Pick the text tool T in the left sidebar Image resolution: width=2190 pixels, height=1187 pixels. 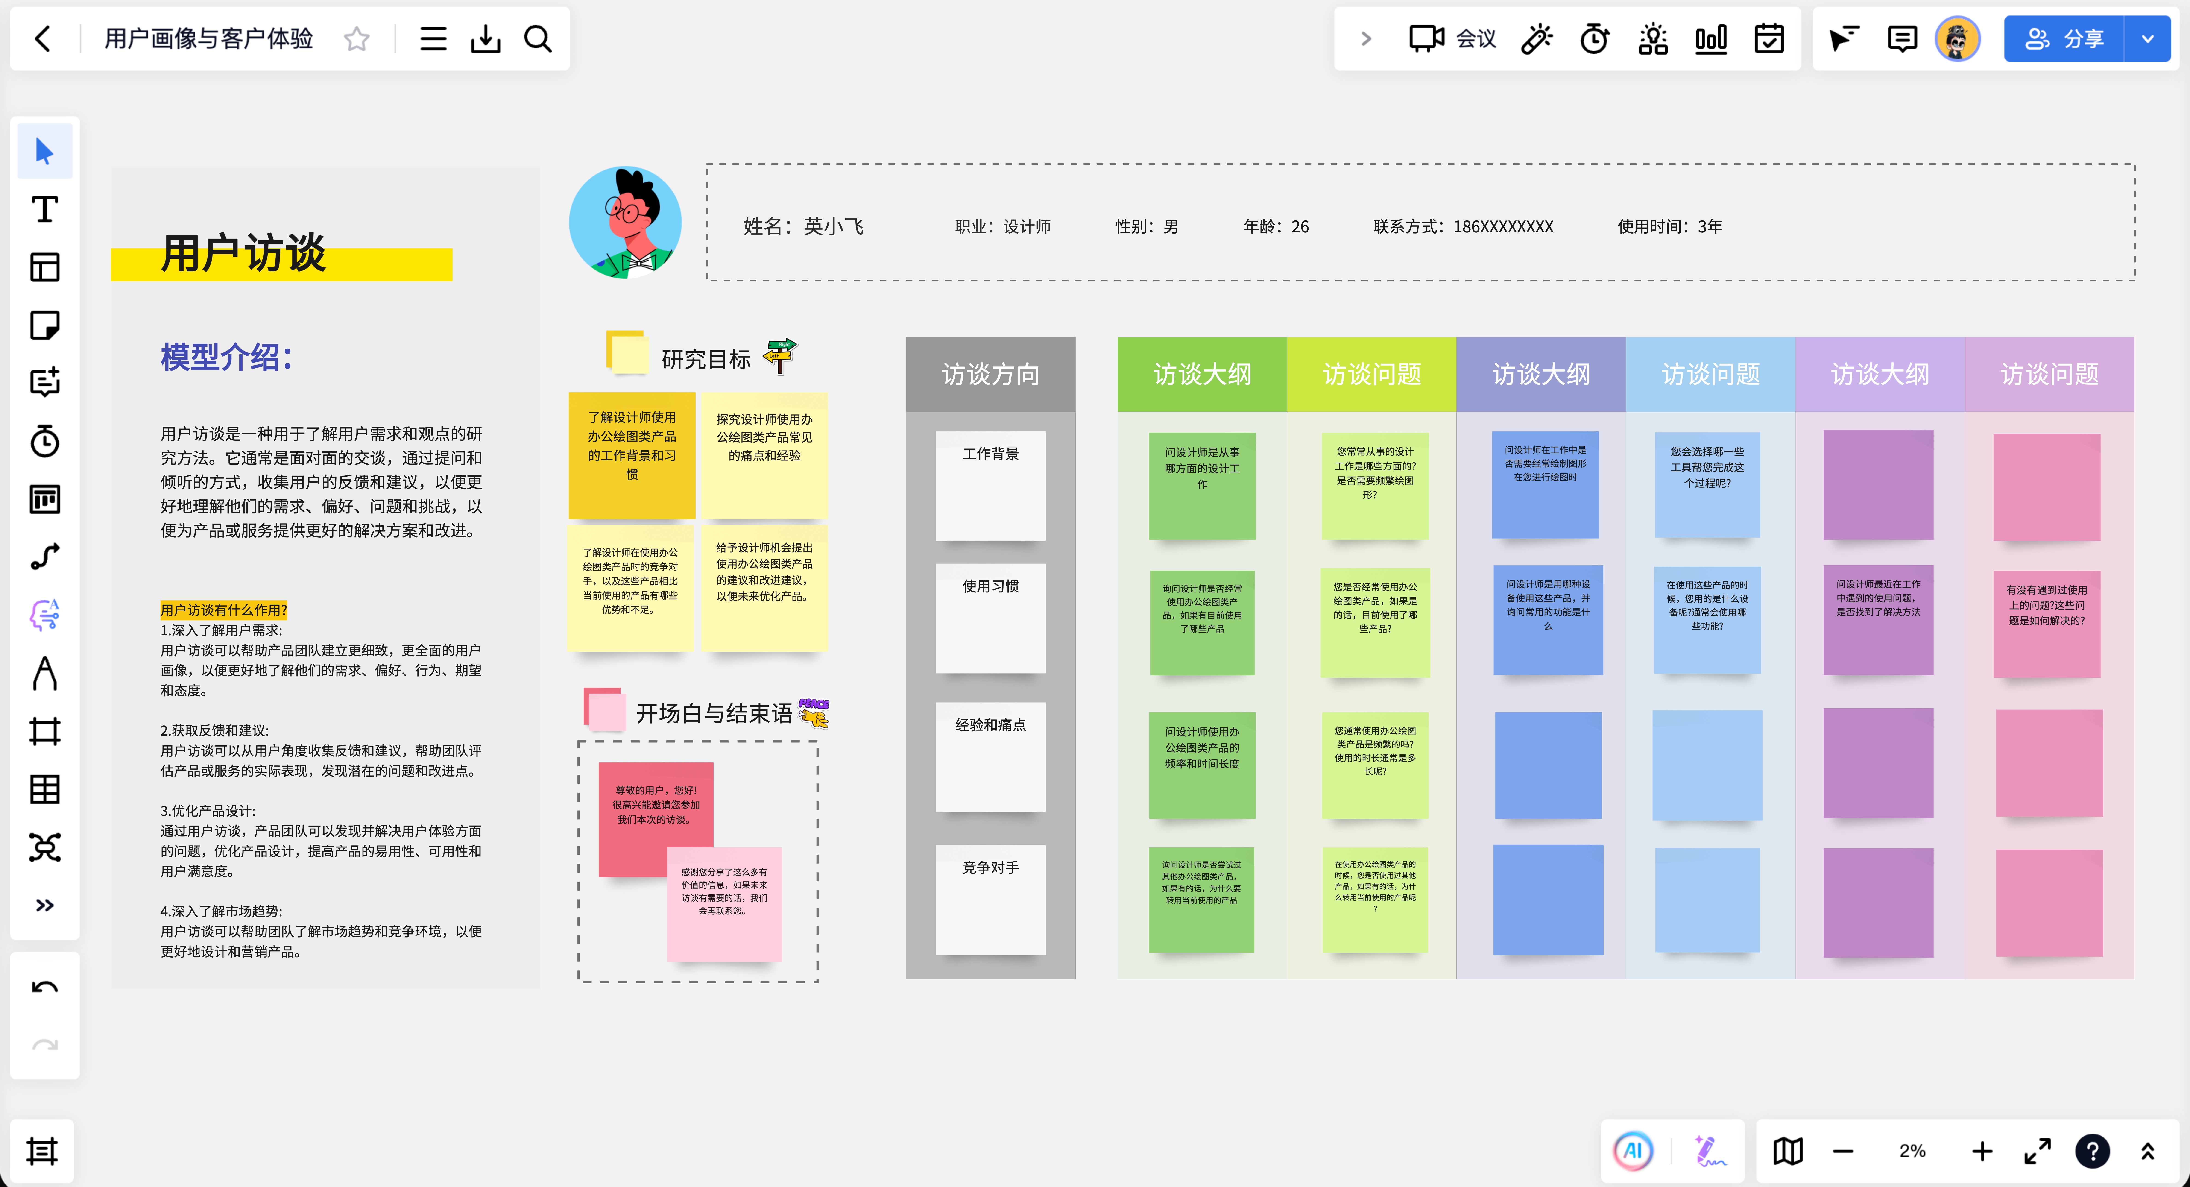[44, 209]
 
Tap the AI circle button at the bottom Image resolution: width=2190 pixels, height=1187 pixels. [1632, 1151]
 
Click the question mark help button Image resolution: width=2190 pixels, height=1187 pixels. [2091, 1151]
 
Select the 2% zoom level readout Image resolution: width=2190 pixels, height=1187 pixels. [1912, 1151]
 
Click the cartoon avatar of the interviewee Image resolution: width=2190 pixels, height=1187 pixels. [625, 223]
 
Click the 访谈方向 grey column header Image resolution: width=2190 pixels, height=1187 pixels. [990, 374]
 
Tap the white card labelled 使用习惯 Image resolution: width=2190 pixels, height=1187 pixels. [990, 618]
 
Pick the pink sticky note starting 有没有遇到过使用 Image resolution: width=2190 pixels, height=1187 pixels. [2046, 623]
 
